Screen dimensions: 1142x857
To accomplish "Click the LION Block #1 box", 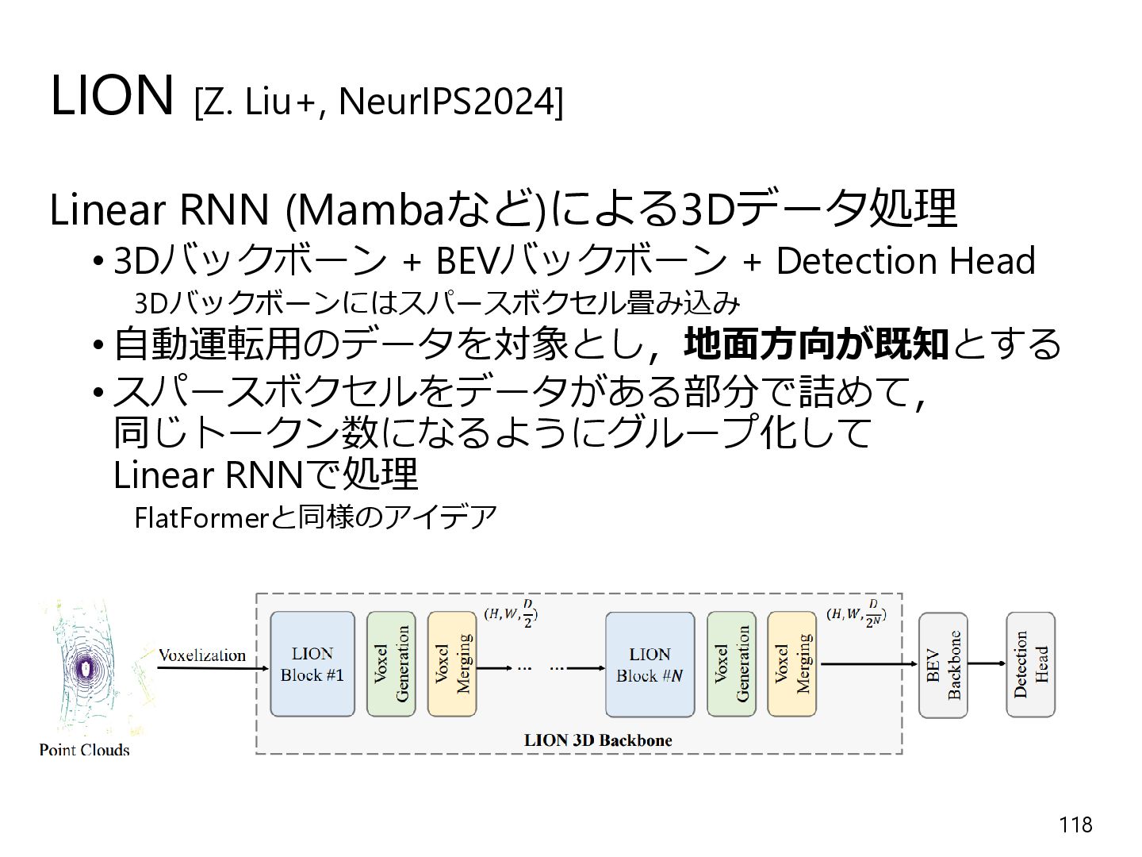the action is click(312, 664).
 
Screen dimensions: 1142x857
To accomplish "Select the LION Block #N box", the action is click(650, 664).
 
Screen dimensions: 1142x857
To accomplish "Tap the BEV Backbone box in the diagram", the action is click(943, 665).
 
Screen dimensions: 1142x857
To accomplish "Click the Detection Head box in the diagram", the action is click(1031, 664).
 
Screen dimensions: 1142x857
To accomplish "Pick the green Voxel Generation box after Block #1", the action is click(391, 664).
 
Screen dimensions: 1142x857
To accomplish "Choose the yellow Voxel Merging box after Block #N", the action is click(791, 664).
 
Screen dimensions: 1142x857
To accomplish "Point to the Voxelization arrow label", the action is click(202, 655).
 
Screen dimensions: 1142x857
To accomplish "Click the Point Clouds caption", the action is click(84, 750).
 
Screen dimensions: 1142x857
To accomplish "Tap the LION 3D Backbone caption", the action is click(598, 740).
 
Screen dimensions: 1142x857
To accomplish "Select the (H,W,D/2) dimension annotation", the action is click(511, 613).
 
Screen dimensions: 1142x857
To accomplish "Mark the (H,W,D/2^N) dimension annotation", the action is click(856, 613).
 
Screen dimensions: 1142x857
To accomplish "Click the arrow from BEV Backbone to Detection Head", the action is click(987, 663).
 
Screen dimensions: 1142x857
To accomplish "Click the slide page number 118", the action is click(1075, 824).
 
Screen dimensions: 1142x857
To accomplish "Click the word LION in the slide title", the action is click(111, 95).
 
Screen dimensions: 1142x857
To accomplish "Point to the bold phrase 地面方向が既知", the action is click(816, 344).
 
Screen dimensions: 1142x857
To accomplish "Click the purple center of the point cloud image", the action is click(85, 668).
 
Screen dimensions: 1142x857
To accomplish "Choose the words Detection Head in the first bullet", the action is click(906, 260).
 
